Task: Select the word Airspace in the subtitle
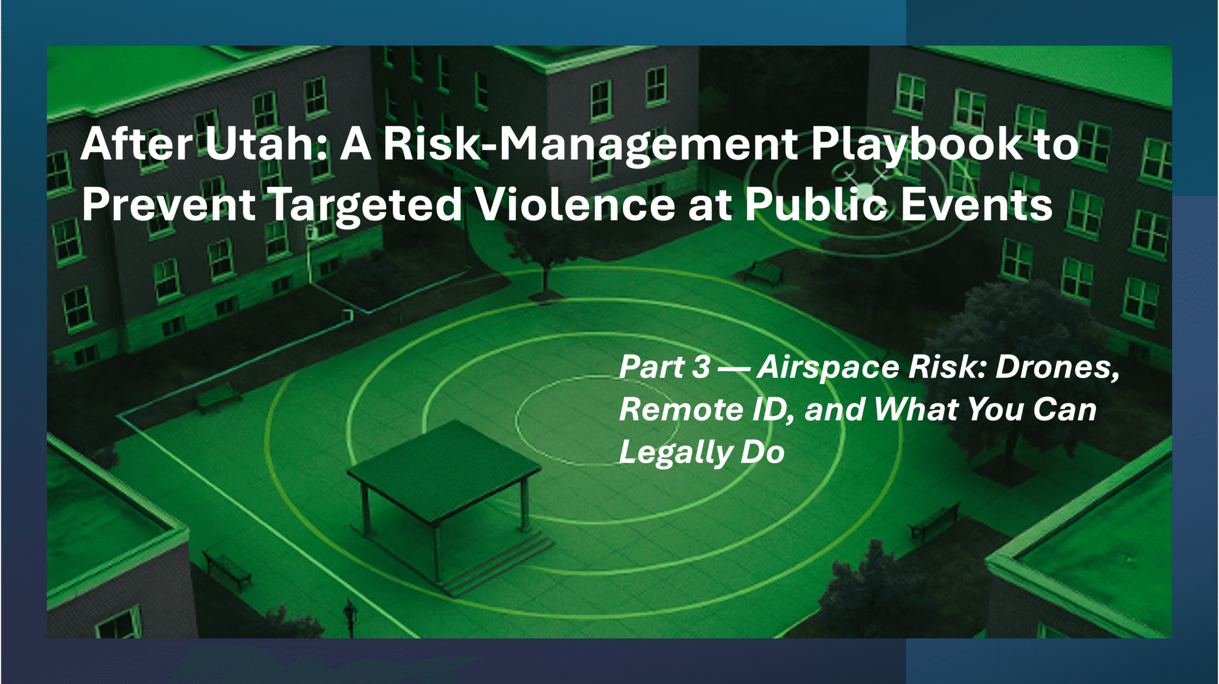829,368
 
